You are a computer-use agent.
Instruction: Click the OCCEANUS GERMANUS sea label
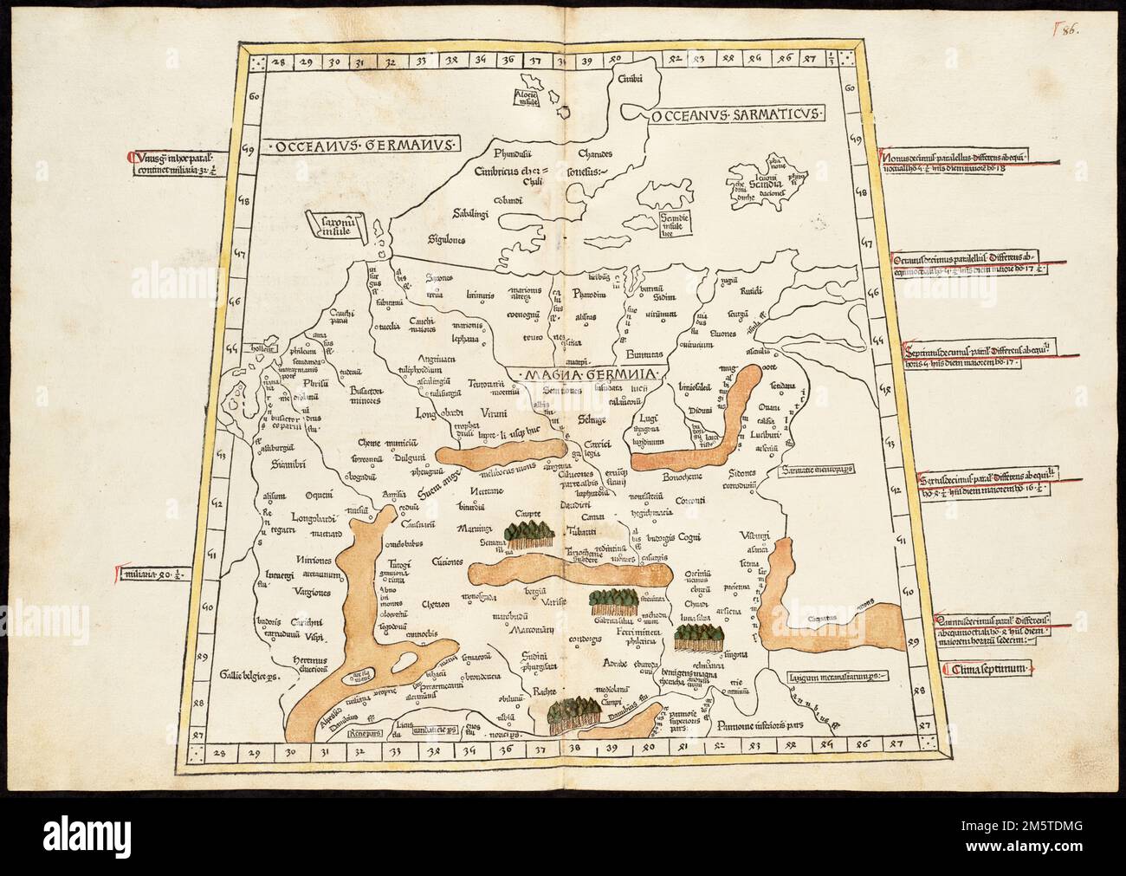[x=364, y=145]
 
